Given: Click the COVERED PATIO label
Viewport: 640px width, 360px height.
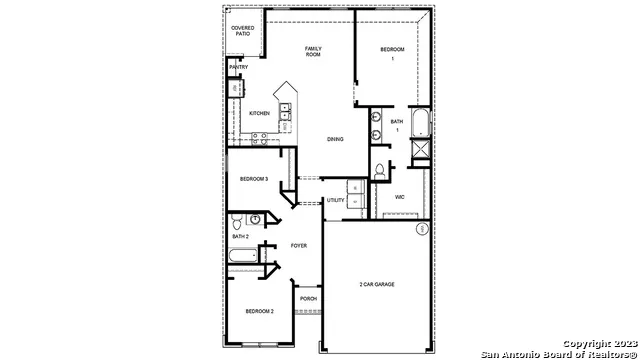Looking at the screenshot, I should click(x=242, y=31).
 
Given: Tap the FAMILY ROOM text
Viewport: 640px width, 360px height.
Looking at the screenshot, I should click(x=313, y=51).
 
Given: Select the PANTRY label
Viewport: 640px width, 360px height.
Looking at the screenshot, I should click(x=238, y=67).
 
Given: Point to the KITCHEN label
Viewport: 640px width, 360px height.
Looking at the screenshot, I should click(x=259, y=113).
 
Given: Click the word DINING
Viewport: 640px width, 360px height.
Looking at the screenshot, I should click(x=335, y=139).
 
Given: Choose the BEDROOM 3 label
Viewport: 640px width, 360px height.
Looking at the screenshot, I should click(x=253, y=179).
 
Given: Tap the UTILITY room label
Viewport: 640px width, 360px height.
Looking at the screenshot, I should click(x=335, y=200).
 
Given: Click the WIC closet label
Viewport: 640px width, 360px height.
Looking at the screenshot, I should click(x=399, y=197).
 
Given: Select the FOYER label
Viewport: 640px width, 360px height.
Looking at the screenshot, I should click(x=298, y=245).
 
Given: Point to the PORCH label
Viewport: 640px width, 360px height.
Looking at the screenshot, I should click(x=308, y=298).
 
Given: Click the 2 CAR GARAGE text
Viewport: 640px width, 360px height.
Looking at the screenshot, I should click(x=377, y=285).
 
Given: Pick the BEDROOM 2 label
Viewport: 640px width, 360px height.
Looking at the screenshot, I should click(x=259, y=311).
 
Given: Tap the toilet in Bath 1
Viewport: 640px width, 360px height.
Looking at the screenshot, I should click(x=380, y=171).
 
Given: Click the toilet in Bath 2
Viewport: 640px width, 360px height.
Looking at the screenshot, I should click(x=256, y=220).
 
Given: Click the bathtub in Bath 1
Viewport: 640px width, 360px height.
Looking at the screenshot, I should click(x=421, y=124).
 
